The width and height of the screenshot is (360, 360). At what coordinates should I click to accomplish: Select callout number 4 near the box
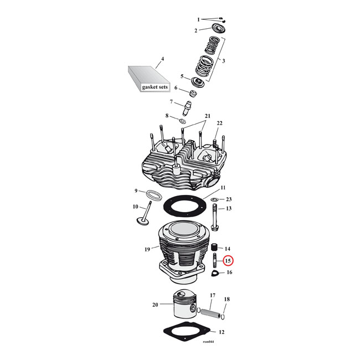(162, 59)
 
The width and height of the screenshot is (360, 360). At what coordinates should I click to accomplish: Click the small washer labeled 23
(214, 199)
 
